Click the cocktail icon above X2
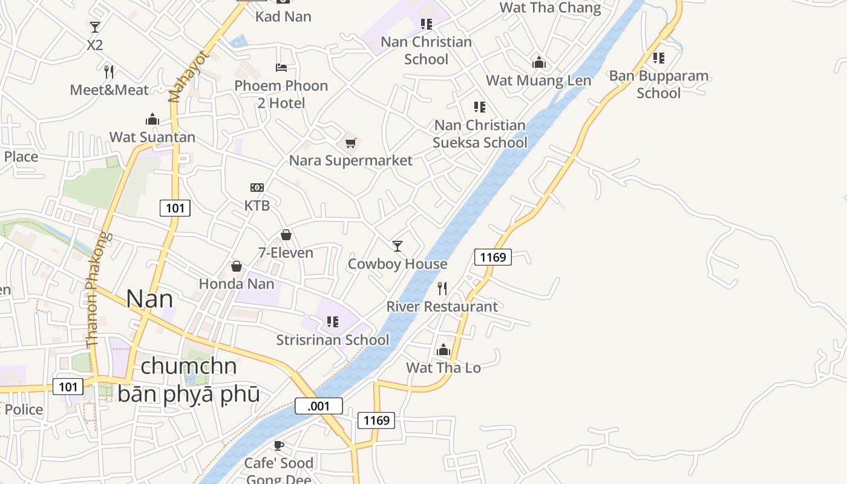[95, 27]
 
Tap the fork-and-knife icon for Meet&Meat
[109, 72]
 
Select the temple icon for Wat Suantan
[152, 119]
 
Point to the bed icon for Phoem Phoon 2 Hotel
[281, 67]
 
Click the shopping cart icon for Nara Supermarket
[350, 143]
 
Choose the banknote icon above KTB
[257, 188]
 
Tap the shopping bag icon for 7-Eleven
[286, 235]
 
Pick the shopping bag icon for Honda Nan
[237, 266]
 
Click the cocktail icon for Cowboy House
[397, 246]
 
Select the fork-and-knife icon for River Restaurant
[442, 289]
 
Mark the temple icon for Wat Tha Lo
[443, 350]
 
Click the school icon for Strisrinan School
[332, 322]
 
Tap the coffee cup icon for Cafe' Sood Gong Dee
[278, 446]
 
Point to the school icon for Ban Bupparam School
[659, 58]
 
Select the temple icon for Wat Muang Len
[538, 62]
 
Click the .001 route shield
[319, 406]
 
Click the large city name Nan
[149, 299]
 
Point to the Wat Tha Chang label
[551, 8]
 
